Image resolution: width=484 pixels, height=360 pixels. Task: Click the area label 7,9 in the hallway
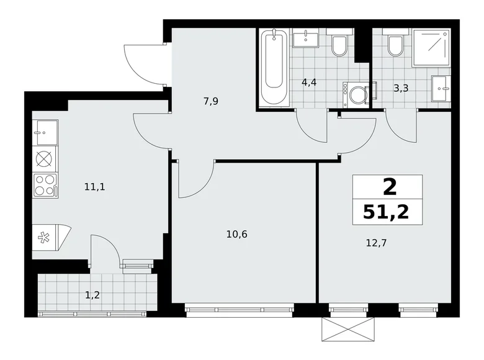210,101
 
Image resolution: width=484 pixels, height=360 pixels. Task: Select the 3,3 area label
401,88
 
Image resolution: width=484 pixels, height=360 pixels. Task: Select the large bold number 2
387,186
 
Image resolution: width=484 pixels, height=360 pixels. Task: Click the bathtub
273,67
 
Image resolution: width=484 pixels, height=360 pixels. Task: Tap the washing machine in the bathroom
356,95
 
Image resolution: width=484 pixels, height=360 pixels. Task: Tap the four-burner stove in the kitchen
45,185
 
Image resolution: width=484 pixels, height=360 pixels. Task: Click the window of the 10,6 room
240,306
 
